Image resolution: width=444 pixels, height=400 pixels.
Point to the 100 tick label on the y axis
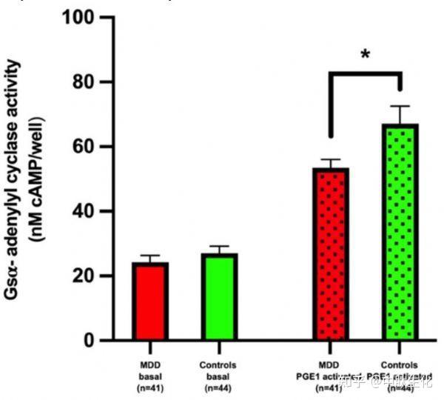coord(84,17)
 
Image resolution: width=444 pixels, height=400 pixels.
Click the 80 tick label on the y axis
coord(89,81)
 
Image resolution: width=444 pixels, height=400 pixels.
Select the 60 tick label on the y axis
coord(89,147)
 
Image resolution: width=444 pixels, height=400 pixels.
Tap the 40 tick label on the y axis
coord(89,211)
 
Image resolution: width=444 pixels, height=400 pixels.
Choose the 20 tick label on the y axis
coord(89,276)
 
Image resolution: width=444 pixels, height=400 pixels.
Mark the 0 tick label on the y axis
coord(94,341)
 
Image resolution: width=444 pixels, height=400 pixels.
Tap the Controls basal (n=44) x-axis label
coord(218,376)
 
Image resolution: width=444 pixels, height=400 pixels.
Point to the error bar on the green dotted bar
coord(400,113)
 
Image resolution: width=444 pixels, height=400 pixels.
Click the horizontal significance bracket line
coord(365,73)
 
